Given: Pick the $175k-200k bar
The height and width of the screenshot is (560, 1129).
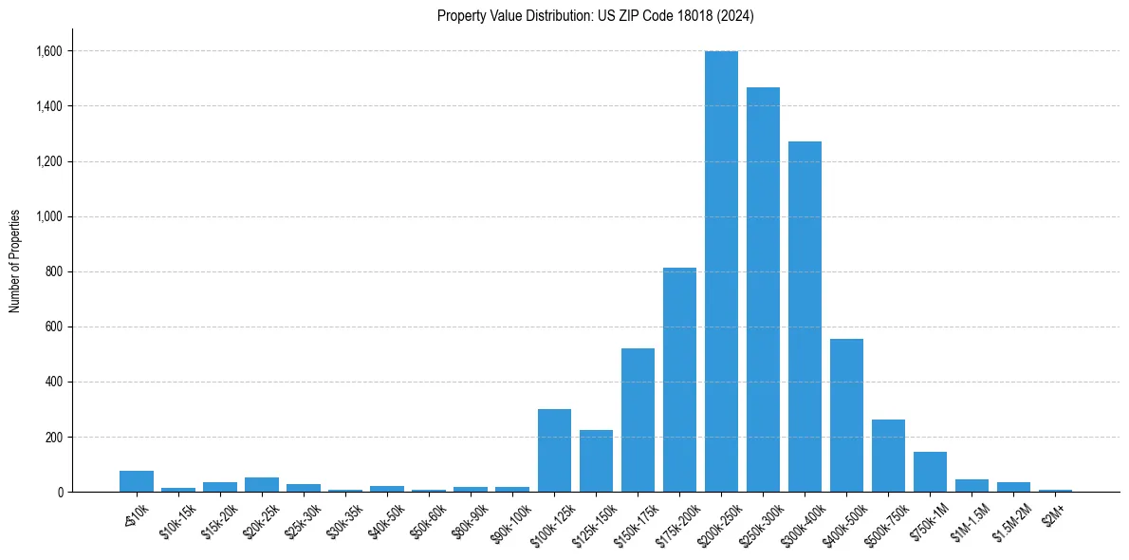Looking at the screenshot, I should pos(679,380).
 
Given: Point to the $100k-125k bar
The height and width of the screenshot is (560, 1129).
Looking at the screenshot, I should pos(554,451).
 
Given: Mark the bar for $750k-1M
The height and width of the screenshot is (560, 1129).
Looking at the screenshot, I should pos(930,472).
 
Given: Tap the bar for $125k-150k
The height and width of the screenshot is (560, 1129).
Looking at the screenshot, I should pos(596,461).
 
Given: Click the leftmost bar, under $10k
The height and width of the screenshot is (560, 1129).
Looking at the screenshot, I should pos(137,481).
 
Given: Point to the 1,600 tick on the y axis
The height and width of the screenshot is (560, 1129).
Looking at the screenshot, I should pos(49,51).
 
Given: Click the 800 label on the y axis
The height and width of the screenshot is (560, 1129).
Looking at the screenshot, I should pos(53,271).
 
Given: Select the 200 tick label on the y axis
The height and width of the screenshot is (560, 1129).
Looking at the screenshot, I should pos(53,438).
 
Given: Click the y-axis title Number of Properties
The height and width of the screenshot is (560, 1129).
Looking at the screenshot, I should pos(15,261).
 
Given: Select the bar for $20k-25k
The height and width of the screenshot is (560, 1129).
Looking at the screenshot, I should pos(262,485).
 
